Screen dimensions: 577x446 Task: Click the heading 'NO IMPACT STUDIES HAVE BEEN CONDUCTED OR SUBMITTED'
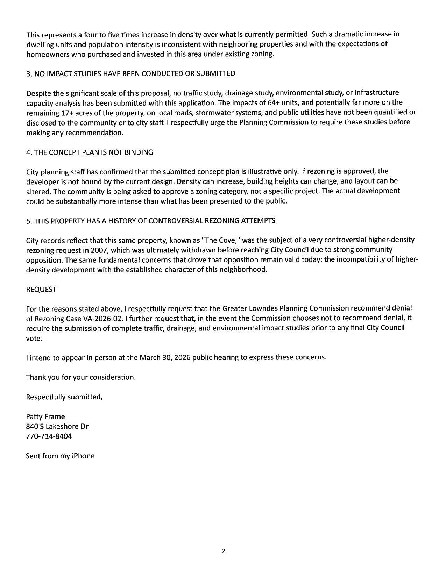(x=131, y=73)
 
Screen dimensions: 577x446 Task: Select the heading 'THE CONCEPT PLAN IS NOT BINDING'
(x=90, y=152)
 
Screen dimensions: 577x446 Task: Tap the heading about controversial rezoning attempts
(x=151, y=221)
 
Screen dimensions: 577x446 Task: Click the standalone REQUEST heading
(x=41, y=290)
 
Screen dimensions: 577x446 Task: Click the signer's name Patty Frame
(x=45, y=417)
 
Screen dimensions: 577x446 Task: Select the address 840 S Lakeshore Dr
(x=57, y=427)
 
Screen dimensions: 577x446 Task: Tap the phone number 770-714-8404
(x=49, y=436)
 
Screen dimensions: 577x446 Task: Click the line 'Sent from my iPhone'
(x=60, y=456)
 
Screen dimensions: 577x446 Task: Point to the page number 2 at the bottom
(x=224, y=551)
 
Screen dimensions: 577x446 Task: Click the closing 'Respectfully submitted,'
(x=64, y=397)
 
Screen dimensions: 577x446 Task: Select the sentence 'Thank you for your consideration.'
(x=81, y=377)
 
